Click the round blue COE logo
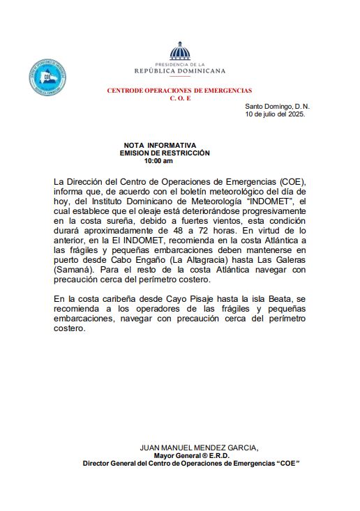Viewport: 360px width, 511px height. (x=47, y=77)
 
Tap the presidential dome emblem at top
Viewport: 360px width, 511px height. (x=180, y=52)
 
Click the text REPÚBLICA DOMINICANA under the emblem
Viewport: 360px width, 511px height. (x=180, y=71)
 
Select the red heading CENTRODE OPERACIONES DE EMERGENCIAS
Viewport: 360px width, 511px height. (x=179, y=91)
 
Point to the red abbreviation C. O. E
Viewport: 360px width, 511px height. (x=180, y=98)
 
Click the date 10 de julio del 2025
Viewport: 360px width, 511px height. (x=276, y=114)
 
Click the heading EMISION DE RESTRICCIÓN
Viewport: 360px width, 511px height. (x=165, y=153)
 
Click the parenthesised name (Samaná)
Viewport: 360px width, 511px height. (x=75, y=270)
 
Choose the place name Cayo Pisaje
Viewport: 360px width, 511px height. (x=184, y=298)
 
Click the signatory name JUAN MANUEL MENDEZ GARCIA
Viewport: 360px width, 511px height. (x=199, y=448)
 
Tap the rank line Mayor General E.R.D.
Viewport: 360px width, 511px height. (x=199, y=455)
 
